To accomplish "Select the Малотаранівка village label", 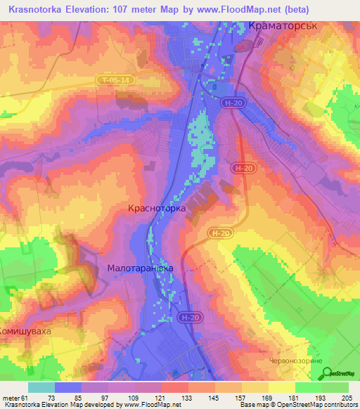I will [x=140, y=268].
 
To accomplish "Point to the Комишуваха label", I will [x=26, y=330].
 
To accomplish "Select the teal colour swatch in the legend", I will [x=41, y=387].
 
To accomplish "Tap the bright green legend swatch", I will [x=308, y=387].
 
